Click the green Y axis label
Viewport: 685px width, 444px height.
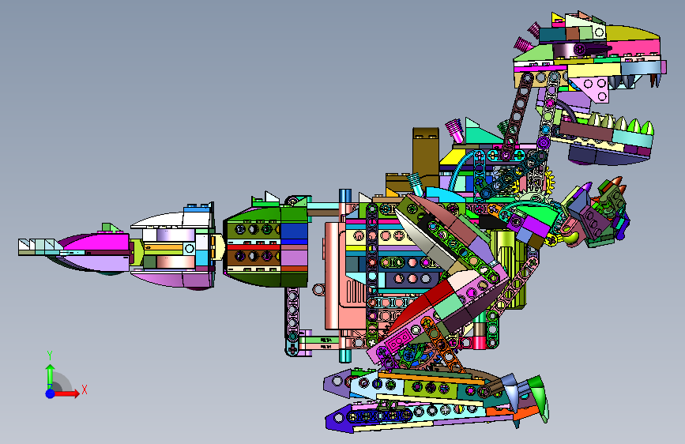pos(50,355)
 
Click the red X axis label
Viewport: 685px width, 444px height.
pos(85,389)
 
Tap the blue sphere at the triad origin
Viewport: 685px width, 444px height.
pos(51,393)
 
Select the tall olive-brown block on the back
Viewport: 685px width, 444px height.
pos(426,155)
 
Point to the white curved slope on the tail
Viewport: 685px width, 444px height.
pos(160,220)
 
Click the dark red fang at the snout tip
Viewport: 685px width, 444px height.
pos(655,80)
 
